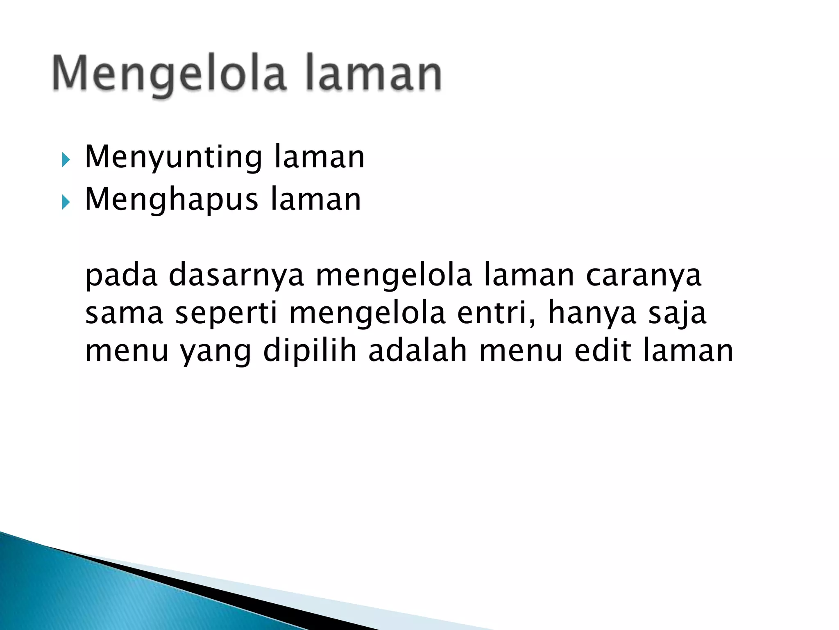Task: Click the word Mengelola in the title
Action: (169, 74)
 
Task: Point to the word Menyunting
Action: (173, 158)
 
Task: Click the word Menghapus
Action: (171, 200)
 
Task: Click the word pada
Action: (121, 276)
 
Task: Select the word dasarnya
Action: (236, 276)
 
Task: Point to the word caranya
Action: (644, 276)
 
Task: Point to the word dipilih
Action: (310, 352)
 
